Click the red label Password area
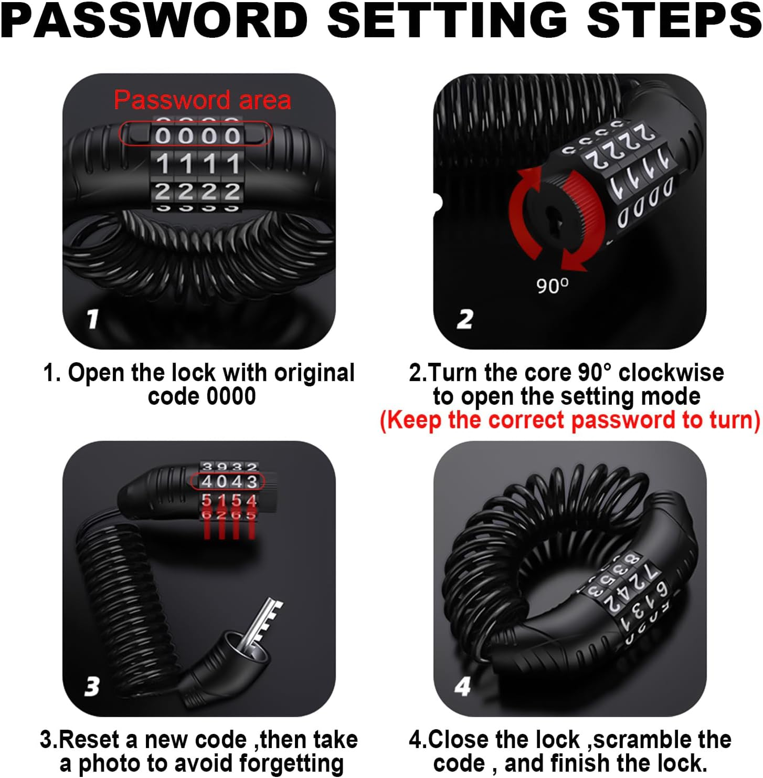203,100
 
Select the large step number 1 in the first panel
92,318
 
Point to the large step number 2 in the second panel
465,319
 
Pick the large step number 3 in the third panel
92,686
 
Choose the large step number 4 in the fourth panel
463,686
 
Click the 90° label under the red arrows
552,286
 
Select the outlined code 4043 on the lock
229,481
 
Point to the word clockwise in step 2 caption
671,372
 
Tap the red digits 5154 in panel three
229,501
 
